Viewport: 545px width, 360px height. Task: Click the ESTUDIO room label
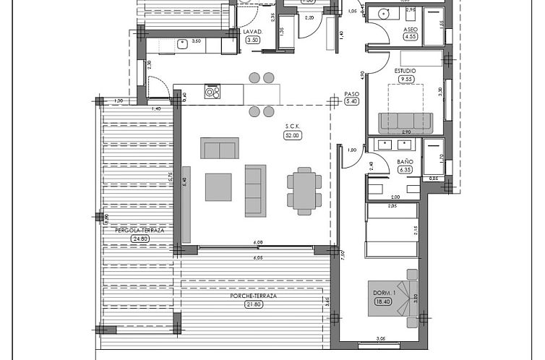tap(405, 71)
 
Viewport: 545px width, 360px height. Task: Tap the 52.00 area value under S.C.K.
tap(293, 135)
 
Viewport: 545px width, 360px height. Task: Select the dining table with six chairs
tap(304, 190)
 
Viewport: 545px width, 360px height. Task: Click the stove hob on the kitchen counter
tap(213, 92)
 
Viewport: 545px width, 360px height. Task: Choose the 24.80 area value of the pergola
tap(140, 238)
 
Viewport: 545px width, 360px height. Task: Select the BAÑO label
tap(405, 162)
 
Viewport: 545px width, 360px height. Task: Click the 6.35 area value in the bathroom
tap(405, 171)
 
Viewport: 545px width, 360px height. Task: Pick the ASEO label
tap(410, 28)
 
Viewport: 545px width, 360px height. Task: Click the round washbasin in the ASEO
tap(385, 13)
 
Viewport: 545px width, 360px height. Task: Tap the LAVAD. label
tap(252, 32)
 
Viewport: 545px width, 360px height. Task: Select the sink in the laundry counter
tap(183, 45)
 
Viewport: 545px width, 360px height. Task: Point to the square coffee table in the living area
tap(219, 187)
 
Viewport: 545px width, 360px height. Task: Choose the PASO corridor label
tap(352, 93)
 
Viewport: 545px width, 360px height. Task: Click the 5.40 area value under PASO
tap(352, 102)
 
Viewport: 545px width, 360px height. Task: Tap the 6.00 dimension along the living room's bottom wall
tap(258, 242)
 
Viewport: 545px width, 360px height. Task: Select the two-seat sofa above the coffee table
tap(219, 148)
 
